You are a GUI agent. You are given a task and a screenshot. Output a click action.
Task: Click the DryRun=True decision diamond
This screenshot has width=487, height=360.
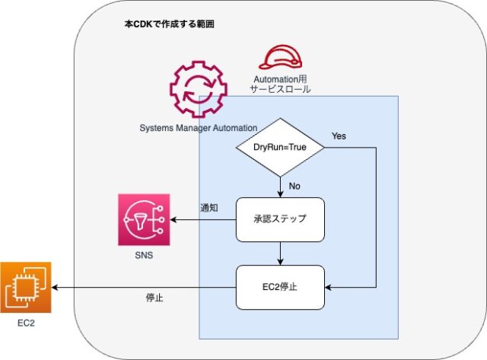click(x=280, y=147)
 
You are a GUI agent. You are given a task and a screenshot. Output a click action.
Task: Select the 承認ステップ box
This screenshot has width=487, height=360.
click(x=280, y=220)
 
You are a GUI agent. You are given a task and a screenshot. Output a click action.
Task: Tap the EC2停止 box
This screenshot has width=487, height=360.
click(x=280, y=288)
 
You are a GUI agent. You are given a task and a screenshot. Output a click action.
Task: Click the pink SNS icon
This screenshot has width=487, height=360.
click(x=144, y=220)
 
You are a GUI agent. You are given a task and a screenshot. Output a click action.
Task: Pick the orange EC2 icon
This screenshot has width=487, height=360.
click(x=26, y=288)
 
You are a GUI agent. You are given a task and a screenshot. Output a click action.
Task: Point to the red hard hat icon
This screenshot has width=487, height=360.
click(x=281, y=57)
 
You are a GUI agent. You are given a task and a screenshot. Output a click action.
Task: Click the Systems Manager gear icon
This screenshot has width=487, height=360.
click(x=199, y=89)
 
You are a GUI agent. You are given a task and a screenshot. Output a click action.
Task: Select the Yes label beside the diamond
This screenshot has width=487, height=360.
click(x=339, y=136)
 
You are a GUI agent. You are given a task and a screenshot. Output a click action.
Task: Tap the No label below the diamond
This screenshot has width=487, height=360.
click(x=294, y=186)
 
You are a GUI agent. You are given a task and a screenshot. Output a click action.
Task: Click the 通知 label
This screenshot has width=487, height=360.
click(x=209, y=208)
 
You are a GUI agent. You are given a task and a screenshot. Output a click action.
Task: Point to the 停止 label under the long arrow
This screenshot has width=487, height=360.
click(x=154, y=298)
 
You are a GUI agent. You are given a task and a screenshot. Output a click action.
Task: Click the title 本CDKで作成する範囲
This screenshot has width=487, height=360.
click(x=169, y=24)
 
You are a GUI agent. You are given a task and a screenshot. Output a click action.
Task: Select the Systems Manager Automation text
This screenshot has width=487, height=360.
click(x=199, y=128)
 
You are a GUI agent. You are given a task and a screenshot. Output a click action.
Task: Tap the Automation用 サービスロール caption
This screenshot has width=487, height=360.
click(x=280, y=84)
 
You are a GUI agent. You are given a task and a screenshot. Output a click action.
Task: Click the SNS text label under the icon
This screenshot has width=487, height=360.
click(x=144, y=255)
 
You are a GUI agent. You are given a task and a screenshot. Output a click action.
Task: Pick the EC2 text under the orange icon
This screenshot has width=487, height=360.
click(x=26, y=323)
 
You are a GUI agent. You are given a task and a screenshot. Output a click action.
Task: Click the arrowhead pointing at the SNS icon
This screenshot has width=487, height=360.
click(x=173, y=220)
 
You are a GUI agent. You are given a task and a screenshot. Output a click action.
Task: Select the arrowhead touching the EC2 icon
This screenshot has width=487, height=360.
click(x=55, y=288)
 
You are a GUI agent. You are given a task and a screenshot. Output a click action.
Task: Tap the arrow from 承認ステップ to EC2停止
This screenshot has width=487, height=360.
click(x=280, y=253)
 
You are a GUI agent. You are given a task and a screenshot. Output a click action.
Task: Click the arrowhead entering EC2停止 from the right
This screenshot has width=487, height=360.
click(x=328, y=288)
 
